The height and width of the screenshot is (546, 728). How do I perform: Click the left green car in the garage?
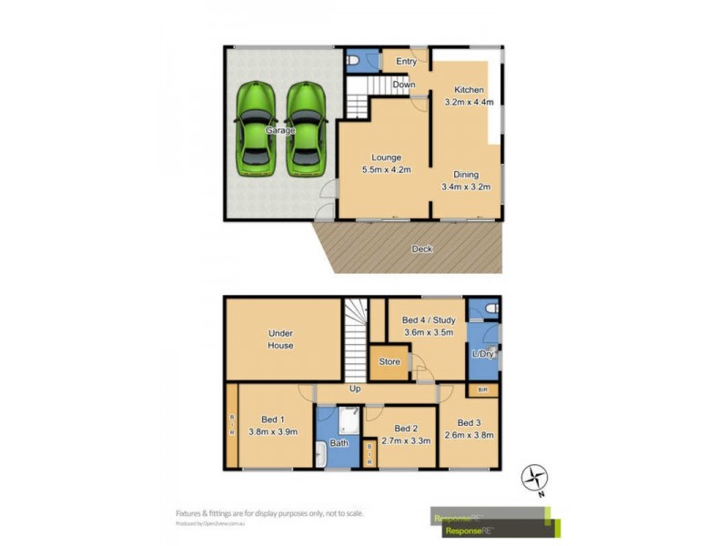pos(255,129)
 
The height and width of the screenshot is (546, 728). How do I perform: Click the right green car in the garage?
pos(306,129)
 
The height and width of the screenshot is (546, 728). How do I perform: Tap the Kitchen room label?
pos(469,90)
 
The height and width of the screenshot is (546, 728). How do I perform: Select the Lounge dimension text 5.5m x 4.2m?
pos(387,169)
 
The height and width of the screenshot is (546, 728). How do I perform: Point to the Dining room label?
pos(465,175)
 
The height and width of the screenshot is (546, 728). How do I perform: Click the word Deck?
pos(421,248)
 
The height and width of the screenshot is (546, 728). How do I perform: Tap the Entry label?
pos(407,62)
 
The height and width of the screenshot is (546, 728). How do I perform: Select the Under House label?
pos(280,339)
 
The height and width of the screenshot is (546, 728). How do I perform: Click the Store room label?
pos(389,362)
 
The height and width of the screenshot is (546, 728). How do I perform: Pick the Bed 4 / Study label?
pos(428,319)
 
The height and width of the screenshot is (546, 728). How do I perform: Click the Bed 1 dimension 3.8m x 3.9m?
pos(273,432)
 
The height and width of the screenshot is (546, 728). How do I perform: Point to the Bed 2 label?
pos(405,429)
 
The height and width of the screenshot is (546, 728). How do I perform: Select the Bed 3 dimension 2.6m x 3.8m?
pos(469,435)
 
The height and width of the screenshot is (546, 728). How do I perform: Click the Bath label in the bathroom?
pos(339,444)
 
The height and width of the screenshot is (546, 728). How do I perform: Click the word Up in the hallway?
pos(355,389)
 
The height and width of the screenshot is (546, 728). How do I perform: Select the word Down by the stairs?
pos(404,85)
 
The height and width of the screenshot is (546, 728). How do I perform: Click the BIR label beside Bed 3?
pos(482,390)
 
